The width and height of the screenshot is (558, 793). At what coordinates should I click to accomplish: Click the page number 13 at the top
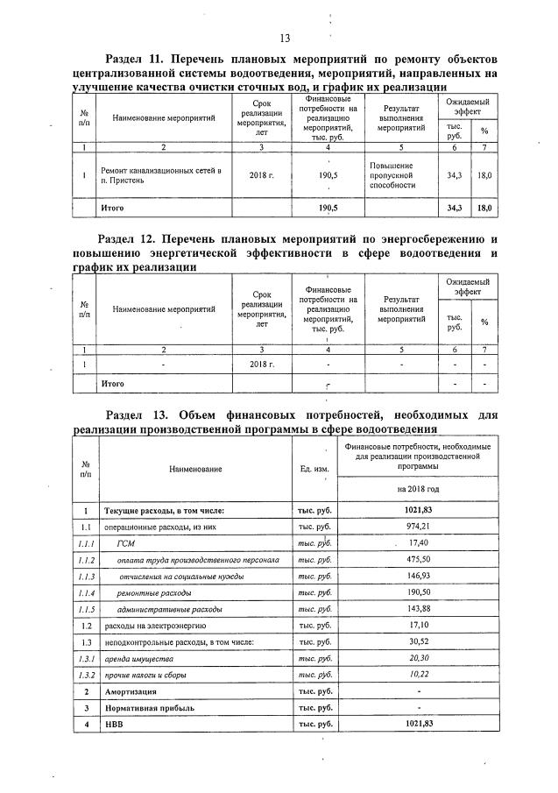(285, 38)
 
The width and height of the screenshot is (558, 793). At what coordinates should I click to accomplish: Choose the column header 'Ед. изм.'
(314, 469)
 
